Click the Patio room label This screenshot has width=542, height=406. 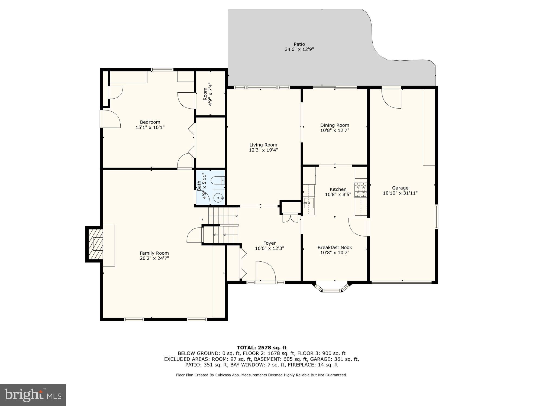299,44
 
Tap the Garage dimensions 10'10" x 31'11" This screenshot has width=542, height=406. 400,193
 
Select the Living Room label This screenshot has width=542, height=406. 263,145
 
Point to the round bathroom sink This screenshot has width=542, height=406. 218,198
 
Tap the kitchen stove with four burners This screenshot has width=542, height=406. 360,190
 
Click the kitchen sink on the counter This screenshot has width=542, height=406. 309,203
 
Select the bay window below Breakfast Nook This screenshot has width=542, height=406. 332,288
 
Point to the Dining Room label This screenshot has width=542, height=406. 334,125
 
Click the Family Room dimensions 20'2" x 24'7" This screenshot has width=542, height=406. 154,258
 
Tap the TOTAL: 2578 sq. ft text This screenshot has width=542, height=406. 262,347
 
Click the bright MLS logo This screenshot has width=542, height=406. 33,395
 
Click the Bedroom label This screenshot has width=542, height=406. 150,122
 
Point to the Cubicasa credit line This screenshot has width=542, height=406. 261,375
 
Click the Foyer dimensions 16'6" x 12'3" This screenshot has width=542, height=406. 269,248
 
